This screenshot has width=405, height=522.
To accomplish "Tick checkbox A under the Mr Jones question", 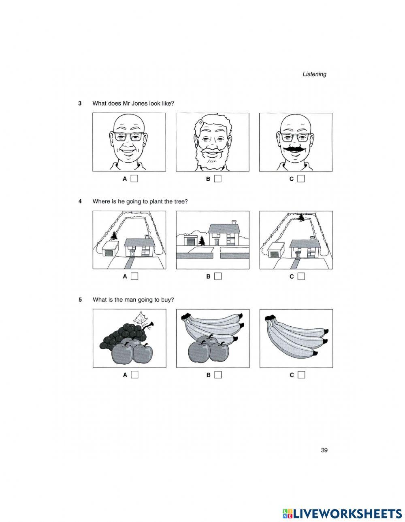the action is coord(134,179).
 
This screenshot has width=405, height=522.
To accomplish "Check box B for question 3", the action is coord(217,179).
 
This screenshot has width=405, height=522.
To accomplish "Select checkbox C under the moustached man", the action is coord(301,179).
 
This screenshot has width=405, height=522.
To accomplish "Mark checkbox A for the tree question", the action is coord(134,277).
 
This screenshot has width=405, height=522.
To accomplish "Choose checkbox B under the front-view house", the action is coord(217,277).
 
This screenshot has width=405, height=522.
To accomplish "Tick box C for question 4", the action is coord(301,277).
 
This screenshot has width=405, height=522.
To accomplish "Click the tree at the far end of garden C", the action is coord(301,218).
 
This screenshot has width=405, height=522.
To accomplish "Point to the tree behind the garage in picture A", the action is coord(113,236).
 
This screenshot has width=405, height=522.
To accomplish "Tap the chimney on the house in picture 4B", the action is coord(234,222).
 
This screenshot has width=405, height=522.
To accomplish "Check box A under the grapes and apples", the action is coord(134,375).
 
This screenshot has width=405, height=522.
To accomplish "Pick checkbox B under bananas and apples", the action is coord(217,375).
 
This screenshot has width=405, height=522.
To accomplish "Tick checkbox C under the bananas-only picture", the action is coord(301,375).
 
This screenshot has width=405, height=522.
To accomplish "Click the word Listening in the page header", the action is coord(314,74).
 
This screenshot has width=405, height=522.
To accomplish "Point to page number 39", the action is coord(324,450).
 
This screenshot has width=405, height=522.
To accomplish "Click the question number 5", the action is coord(80,300).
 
